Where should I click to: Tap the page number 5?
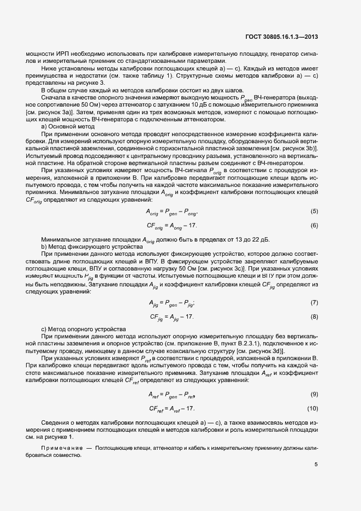[316, 465]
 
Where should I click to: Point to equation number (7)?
[314, 302]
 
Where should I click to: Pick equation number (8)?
[314, 316]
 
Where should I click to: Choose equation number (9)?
[314, 394]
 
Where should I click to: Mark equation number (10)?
[312, 408]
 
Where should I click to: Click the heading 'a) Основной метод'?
[64, 126]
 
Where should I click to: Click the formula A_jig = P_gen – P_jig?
[171, 303]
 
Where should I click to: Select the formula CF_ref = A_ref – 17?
[171, 409]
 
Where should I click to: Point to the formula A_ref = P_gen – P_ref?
[171, 395]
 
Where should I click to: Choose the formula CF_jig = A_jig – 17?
[171, 317]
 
